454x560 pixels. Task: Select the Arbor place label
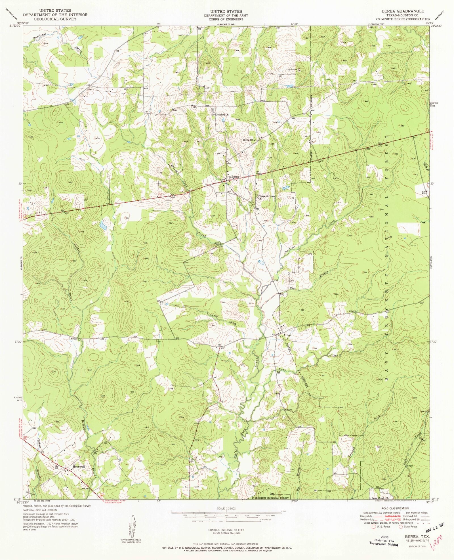click(287, 335)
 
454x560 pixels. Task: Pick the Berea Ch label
click(249, 140)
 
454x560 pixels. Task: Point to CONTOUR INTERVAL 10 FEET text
click(226, 530)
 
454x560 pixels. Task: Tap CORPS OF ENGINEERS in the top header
click(228, 19)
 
